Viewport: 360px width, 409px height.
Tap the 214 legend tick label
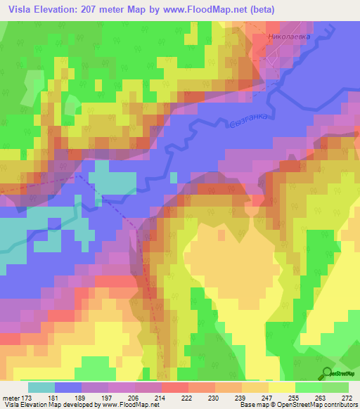tap(161, 398)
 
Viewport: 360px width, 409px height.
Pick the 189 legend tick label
tap(82, 398)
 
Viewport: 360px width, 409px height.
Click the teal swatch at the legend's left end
tap(42, 387)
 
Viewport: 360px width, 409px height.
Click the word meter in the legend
tap(11, 398)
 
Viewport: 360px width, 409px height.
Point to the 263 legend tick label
tap(321, 398)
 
